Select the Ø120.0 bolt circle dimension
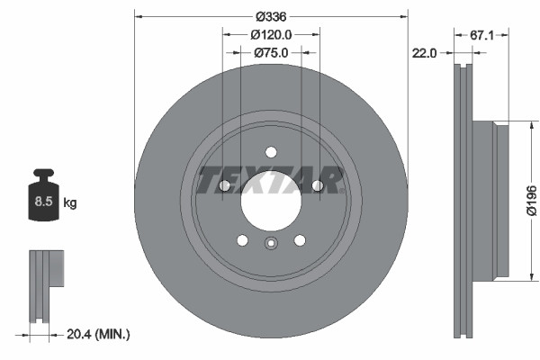coord(270,35)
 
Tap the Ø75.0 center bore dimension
coord(270,53)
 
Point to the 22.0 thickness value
coord(424,53)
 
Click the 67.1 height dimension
coord(484,35)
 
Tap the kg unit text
coord(70,203)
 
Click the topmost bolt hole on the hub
coord(270,150)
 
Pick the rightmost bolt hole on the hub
coord(317,185)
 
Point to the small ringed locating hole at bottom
coord(270,241)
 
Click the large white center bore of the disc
coord(270,197)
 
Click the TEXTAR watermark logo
coord(270,179)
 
